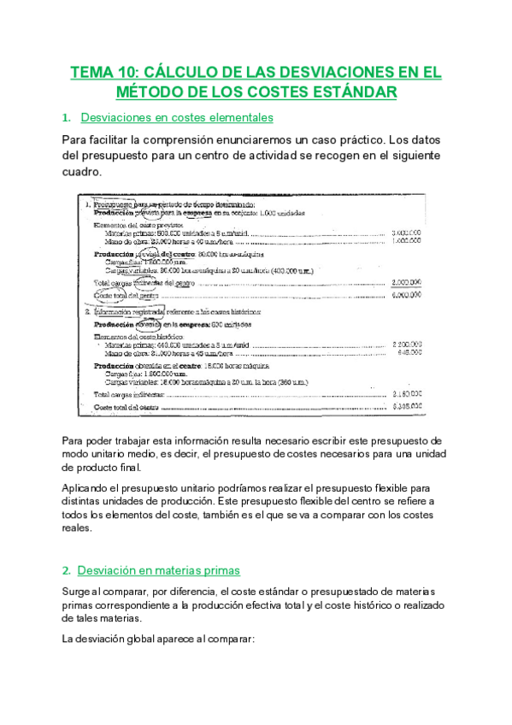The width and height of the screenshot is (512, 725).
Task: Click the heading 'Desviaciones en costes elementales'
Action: (x=176, y=117)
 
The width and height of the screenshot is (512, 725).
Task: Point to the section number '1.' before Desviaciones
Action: (x=67, y=117)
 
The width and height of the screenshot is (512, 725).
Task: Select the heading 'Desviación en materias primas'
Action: (x=158, y=570)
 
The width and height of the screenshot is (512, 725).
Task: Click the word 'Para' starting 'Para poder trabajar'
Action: (x=74, y=439)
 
